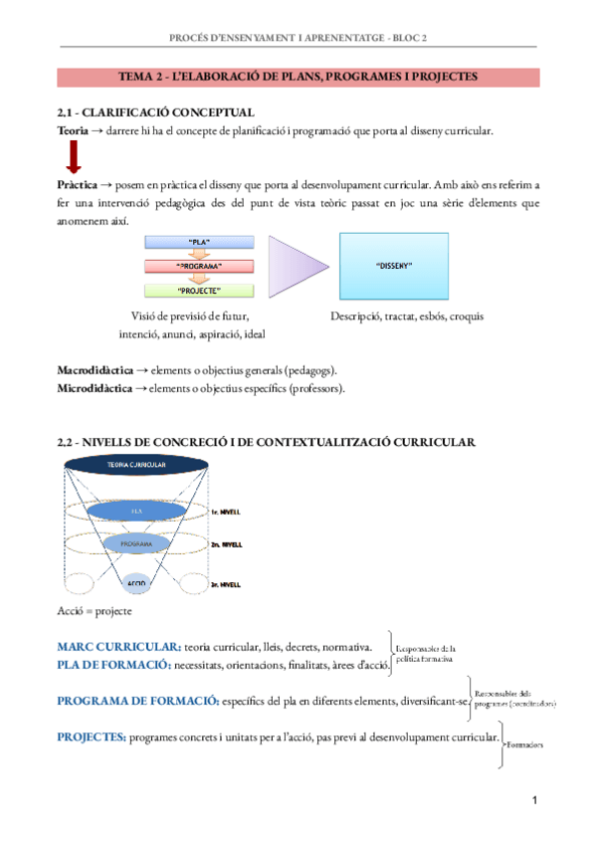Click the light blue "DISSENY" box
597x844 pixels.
pos(395,267)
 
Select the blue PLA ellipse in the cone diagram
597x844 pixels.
pos(136,512)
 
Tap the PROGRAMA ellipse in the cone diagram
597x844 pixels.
pos(136,545)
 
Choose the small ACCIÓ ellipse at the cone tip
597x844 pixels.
pos(136,580)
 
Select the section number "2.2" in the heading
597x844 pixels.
pos(69,440)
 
